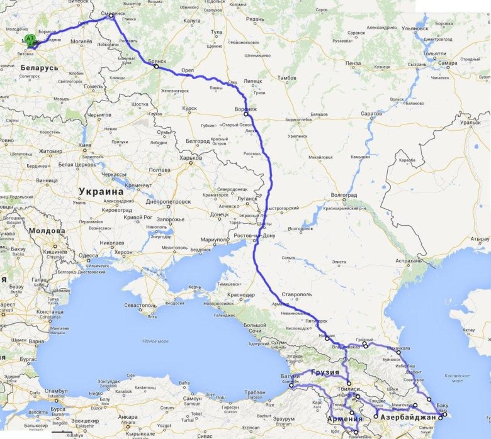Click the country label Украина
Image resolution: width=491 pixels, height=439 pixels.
101,192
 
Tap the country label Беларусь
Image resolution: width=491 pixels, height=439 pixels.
39,67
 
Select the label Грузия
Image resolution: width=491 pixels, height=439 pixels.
326,372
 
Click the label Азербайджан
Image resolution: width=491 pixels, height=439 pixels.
412,418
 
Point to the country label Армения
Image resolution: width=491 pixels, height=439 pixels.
345,420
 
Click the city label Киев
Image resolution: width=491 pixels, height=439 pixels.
86,145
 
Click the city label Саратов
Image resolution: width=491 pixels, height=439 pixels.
371,114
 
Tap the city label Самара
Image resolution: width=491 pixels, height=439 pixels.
448,64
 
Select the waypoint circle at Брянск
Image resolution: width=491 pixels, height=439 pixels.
156,66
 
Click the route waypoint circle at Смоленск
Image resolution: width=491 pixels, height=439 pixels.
111,16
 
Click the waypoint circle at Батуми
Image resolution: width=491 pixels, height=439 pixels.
291,386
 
